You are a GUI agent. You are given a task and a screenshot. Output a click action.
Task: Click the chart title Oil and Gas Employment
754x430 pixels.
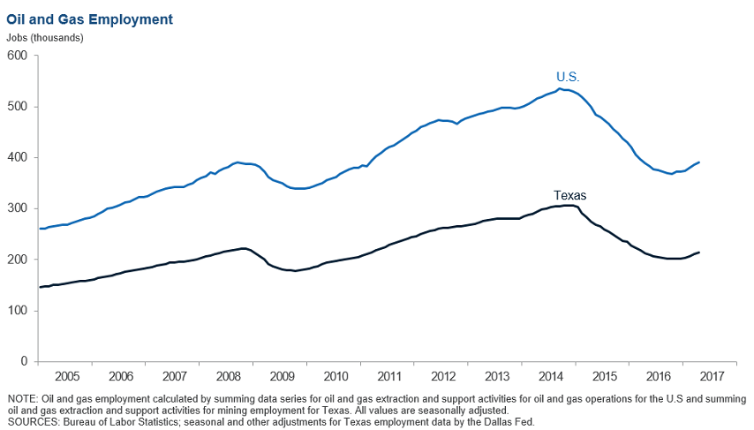(x=90, y=19)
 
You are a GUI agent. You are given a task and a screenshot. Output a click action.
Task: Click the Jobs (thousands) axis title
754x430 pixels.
(x=45, y=37)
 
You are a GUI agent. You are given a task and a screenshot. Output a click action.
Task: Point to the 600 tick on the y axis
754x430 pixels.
(x=18, y=56)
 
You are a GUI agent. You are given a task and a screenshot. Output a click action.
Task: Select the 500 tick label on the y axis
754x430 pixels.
(x=18, y=107)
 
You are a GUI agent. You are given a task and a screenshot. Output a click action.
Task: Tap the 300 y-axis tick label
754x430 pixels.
(x=18, y=209)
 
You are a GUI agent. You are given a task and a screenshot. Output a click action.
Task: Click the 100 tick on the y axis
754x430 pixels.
(x=18, y=311)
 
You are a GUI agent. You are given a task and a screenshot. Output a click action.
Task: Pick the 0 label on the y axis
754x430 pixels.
(x=25, y=362)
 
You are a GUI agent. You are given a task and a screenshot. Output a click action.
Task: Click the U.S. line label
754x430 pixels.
(x=568, y=77)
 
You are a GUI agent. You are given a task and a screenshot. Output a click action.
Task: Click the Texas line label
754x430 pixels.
(x=569, y=195)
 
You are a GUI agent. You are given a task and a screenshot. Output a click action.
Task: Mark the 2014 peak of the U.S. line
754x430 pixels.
(x=560, y=88)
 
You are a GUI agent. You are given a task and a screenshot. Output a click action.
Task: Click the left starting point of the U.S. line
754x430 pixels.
(x=40, y=229)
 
